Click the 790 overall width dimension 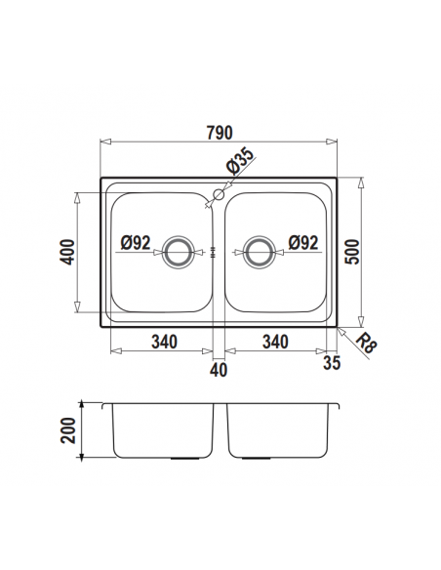[220, 133]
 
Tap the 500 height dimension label [352, 252]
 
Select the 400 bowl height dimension [68, 252]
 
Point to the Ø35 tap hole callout [240, 161]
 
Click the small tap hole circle [219, 194]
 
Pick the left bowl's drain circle [178, 252]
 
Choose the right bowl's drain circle [259, 252]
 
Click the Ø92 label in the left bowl [136, 242]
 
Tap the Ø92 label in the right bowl [303, 242]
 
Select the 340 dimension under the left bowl [165, 342]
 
